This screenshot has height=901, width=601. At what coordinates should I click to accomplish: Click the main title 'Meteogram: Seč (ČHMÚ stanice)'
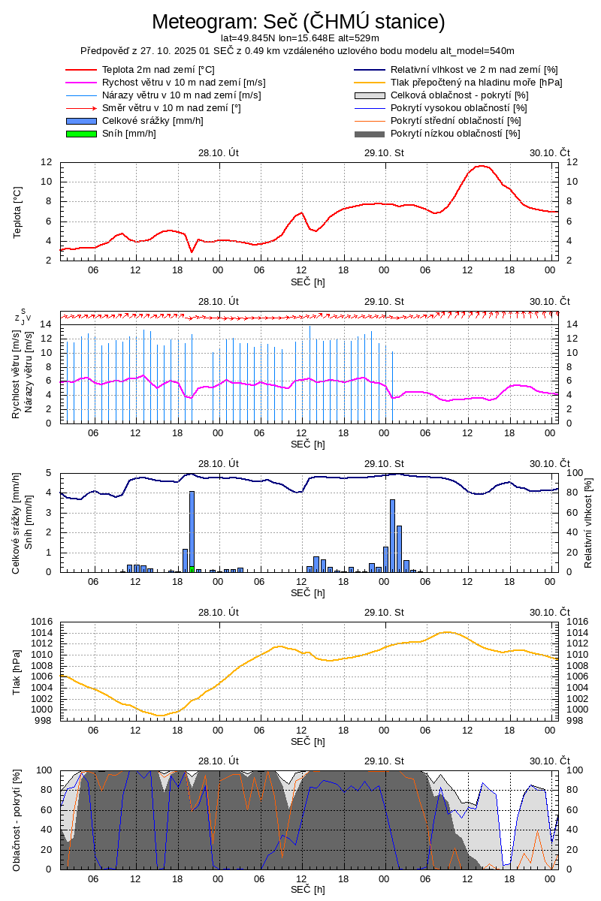pyautogui.click(x=298, y=22)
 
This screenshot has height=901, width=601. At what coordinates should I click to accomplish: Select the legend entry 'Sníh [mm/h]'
pyautogui.click(x=128, y=134)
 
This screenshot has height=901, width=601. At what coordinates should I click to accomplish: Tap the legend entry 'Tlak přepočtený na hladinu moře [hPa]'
pyautogui.click(x=476, y=83)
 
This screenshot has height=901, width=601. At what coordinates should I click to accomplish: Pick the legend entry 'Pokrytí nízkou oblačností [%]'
pyautogui.click(x=455, y=134)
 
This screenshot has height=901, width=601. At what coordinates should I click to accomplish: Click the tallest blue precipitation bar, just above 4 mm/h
pyautogui.click(x=192, y=526)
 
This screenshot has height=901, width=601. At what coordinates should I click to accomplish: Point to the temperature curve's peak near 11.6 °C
pyautogui.click(x=482, y=166)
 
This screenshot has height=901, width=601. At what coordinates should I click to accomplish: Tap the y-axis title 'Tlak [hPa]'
pyautogui.click(x=17, y=670)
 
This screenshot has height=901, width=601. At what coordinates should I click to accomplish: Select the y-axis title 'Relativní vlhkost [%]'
pyautogui.click(x=588, y=522)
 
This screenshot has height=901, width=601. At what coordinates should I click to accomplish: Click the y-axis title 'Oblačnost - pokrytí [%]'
pyautogui.click(x=17, y=819)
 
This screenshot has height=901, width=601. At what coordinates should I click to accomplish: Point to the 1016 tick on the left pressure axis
pyautogui.click(x=41, y=622)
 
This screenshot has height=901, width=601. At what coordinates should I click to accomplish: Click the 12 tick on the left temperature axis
pyautogui.click(x=47, y=162)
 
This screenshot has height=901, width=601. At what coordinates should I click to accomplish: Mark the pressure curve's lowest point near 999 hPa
pyautogui.click(x=160, y=715)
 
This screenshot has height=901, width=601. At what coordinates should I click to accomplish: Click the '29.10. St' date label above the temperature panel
pyautogui.click(x=384, y=152)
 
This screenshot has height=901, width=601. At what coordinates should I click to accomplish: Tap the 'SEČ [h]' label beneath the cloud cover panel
pyautogui.click(x=308, y=890)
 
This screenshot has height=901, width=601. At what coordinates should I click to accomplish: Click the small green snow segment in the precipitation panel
pyautogui.click(x=192, y=568)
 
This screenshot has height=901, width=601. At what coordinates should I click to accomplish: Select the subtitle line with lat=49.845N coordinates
pyautogui.click(x=299, y=38)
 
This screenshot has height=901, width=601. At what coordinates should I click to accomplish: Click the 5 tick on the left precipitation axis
pyautogui.click(x=49, y=473)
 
